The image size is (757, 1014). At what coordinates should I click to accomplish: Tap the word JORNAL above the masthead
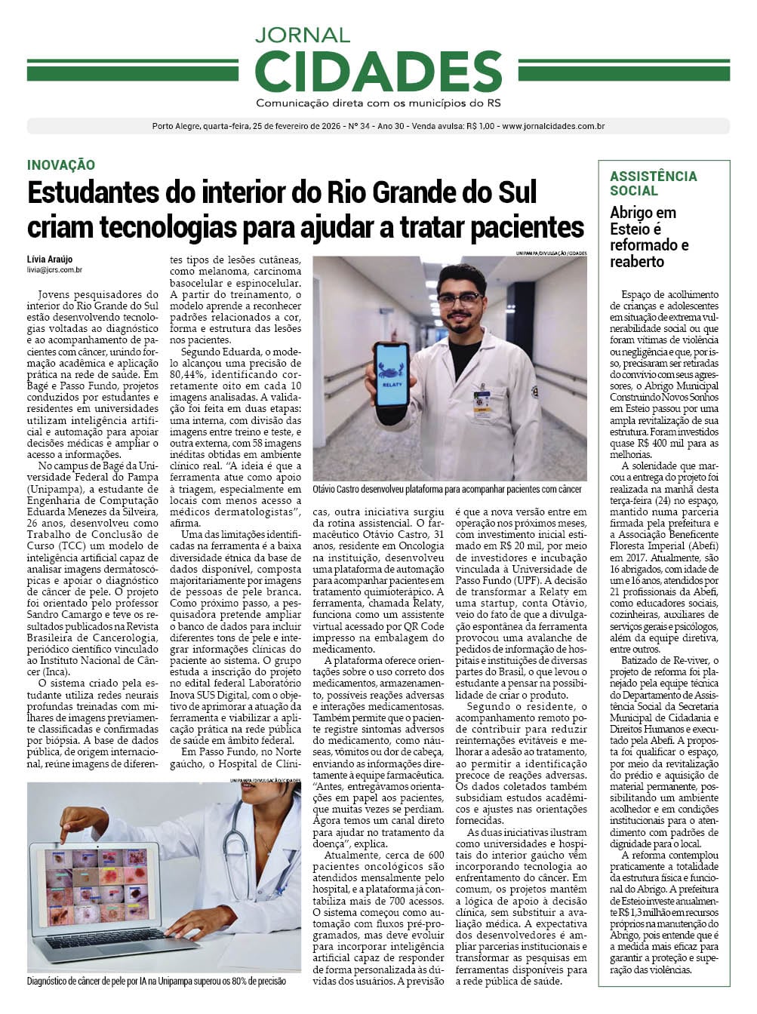pos(302,35)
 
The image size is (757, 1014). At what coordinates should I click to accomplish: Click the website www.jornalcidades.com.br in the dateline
pos(552,127)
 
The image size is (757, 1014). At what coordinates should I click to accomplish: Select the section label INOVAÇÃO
pos(60,164)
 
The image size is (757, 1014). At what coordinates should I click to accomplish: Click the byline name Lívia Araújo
pos(50,260)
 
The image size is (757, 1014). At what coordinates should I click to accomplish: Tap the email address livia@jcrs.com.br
pos(54,269)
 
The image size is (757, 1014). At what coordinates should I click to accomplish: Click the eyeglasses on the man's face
pos(460,299)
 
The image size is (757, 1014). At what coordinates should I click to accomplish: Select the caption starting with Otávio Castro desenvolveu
pos(447,489)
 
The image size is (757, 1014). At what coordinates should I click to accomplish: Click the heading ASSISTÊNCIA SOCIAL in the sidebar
pos(653,183)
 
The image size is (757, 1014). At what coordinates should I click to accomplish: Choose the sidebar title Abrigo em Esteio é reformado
pos(648,237)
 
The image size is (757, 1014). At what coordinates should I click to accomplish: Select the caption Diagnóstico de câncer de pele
pos(156,981)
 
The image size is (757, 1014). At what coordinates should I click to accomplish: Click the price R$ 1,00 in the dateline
pos(480,127)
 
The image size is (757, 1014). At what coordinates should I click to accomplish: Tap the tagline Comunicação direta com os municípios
pos(378,103)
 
